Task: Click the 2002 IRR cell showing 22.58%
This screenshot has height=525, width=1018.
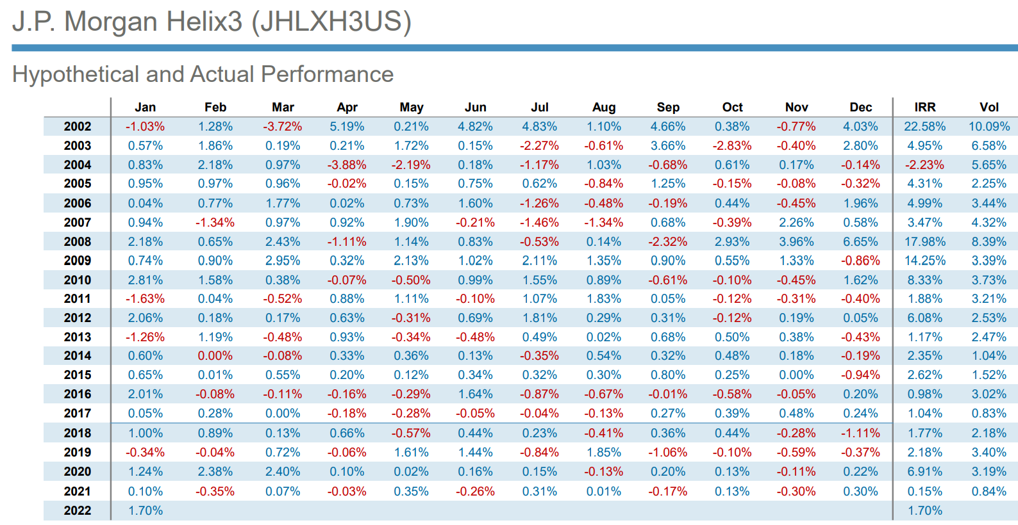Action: (924, 127)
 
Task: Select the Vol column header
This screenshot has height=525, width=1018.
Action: (989, 108)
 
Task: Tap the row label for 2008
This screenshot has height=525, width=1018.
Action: (78, 242)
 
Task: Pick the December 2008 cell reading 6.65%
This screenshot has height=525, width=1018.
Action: (860, 242)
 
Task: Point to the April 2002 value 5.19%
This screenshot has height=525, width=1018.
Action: (347, 127)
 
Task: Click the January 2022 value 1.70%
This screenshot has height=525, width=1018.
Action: (146, 511)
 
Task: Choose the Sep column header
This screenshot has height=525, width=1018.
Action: (668, 108)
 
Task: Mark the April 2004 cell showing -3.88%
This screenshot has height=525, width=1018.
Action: (347, 165)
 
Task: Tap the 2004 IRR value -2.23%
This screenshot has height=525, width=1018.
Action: (924, 165)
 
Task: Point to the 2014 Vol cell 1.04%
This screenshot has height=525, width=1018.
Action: (989, 356)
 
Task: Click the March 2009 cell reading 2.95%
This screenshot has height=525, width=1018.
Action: (283, 261)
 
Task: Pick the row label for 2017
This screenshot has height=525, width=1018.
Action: (78, 414)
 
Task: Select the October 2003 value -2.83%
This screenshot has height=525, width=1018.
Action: (732, 146)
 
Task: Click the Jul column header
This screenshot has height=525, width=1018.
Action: (540, 108)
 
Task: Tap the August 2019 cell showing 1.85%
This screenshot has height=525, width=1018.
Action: (604, 453)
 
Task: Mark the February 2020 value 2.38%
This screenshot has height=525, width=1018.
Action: (215, 472)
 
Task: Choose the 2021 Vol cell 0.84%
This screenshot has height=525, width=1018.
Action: (989, 492)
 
